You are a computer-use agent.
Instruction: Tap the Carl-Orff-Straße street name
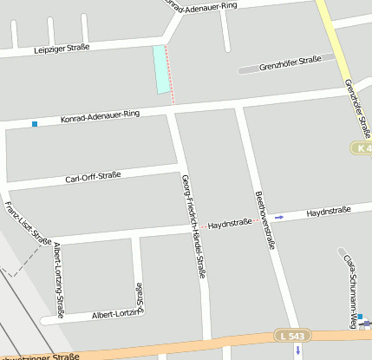click(93, 178)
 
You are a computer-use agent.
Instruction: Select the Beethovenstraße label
click(264, 219)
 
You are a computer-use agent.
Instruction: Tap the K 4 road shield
click(363, 148)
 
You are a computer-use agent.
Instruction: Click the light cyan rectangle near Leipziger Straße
click(160, 69)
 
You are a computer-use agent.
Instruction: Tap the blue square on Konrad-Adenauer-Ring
click(35, 124)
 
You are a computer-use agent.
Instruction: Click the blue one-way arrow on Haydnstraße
click(278, 216)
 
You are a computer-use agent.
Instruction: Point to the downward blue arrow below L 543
click(297, 350)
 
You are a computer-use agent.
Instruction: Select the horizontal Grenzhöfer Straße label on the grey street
click(290, 62)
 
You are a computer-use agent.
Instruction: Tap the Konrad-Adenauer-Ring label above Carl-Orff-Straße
click(101, 116)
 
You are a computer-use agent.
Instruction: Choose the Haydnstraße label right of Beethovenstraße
click(329, 211)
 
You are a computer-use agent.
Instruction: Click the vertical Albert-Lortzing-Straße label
click(59, 281)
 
